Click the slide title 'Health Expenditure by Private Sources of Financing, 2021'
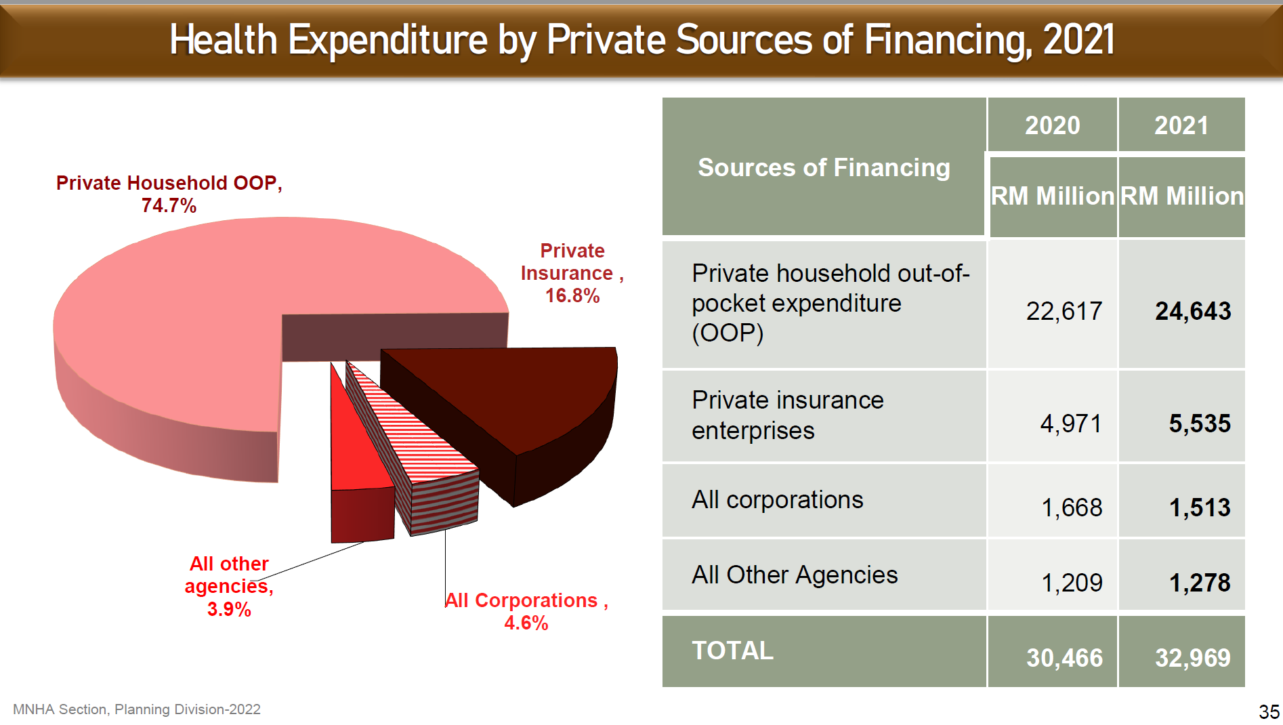(x=641, y=39)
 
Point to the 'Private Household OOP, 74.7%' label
(x=169, y=194)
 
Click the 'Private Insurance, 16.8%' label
(x=572, y=273)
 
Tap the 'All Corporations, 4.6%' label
(x=526, y=611)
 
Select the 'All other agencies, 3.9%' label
(x=229, y=586)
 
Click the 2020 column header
(x=1052, y=125)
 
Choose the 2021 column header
(x=1181, y=125)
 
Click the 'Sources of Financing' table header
(x=824, y=167)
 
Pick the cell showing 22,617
(x=1064, y=311)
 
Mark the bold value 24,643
(x=1193, y=311)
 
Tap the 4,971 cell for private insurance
(x=1070, y=423)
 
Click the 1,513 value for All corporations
(x=1200, y=507)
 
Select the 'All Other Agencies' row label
(x=795, y=575)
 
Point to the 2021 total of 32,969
(x=1193, y=658)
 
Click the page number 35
(x=1269, y=711)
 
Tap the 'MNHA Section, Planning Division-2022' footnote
(x=137, y=709)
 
